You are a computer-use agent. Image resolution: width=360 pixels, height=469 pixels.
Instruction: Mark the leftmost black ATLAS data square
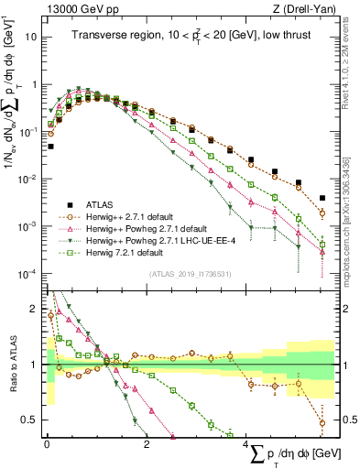click(x=50, y=146)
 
